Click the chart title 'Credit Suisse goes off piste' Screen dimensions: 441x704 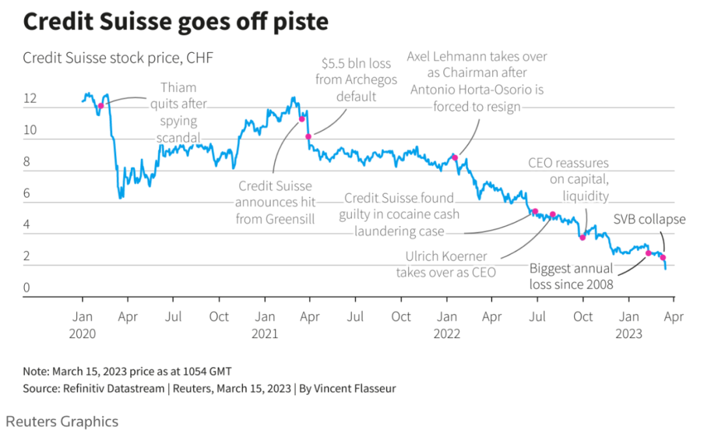pos(175,23)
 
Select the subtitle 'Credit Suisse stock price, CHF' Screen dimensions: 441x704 pos(118,58)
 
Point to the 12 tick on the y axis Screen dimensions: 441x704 pos(30,100)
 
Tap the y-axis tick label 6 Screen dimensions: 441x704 pos(27,193)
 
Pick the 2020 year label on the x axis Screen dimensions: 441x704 pos(82,334)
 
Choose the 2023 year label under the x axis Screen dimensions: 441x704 pos(629,334)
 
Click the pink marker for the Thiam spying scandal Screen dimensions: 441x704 pos(100,106)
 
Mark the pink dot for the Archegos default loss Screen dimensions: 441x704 pos(308,136)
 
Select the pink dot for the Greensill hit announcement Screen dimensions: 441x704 pos(302,119)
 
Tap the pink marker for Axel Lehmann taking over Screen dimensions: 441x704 pos(455,158)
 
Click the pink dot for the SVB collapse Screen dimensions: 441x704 pos(663,258)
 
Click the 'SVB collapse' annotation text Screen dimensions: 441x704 pos(649,220)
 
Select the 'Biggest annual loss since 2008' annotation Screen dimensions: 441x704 pos(571,276)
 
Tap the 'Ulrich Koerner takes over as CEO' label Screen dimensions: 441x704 pos(446,264)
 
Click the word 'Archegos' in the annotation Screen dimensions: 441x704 pos(357,80)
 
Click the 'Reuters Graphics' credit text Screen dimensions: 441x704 pos(63,421)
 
